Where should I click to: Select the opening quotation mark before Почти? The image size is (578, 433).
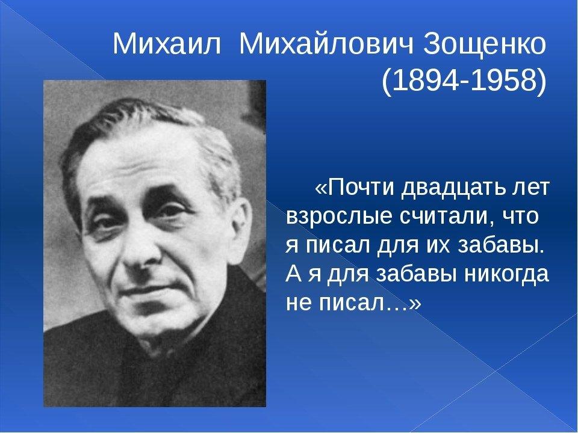coord(320,188)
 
